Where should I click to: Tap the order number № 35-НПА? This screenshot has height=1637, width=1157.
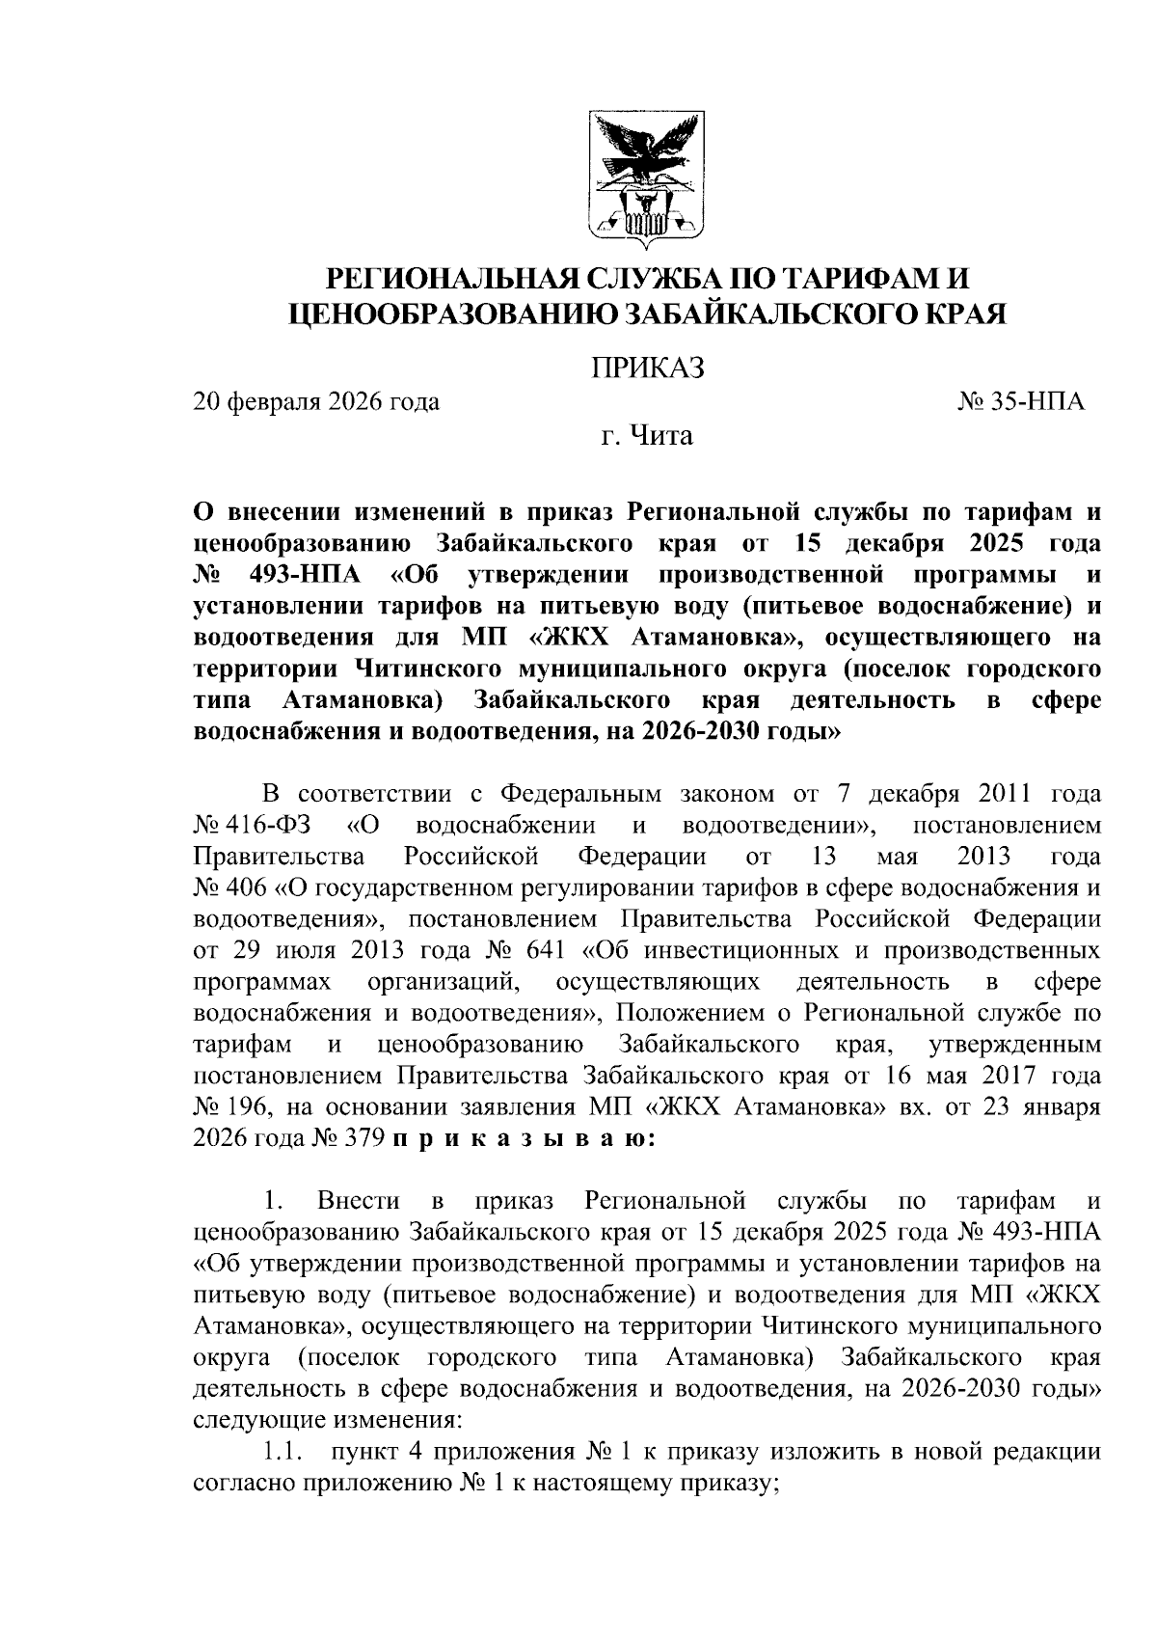click(x=1021, y=401)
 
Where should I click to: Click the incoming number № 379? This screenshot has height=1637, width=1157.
click(x=350, y=1139)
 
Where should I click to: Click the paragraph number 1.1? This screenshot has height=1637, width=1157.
click(x=284, y=1452)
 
